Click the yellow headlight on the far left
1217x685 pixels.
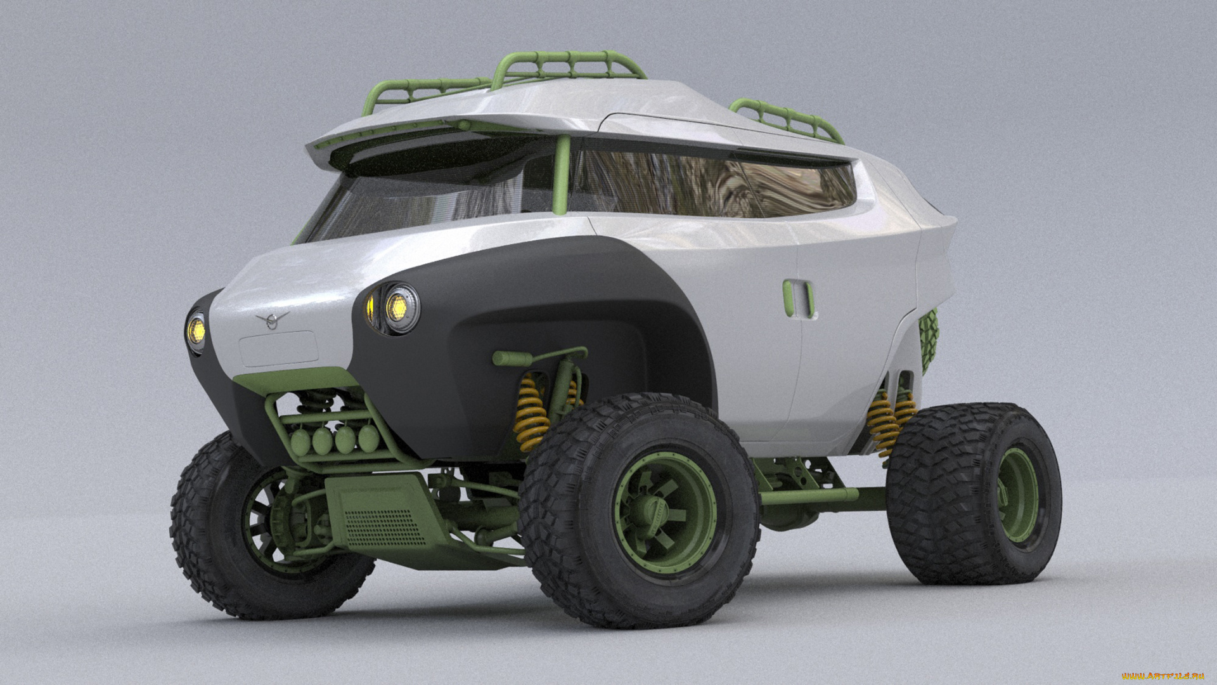196,330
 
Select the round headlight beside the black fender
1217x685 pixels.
401,308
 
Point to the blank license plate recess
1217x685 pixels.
278,348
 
